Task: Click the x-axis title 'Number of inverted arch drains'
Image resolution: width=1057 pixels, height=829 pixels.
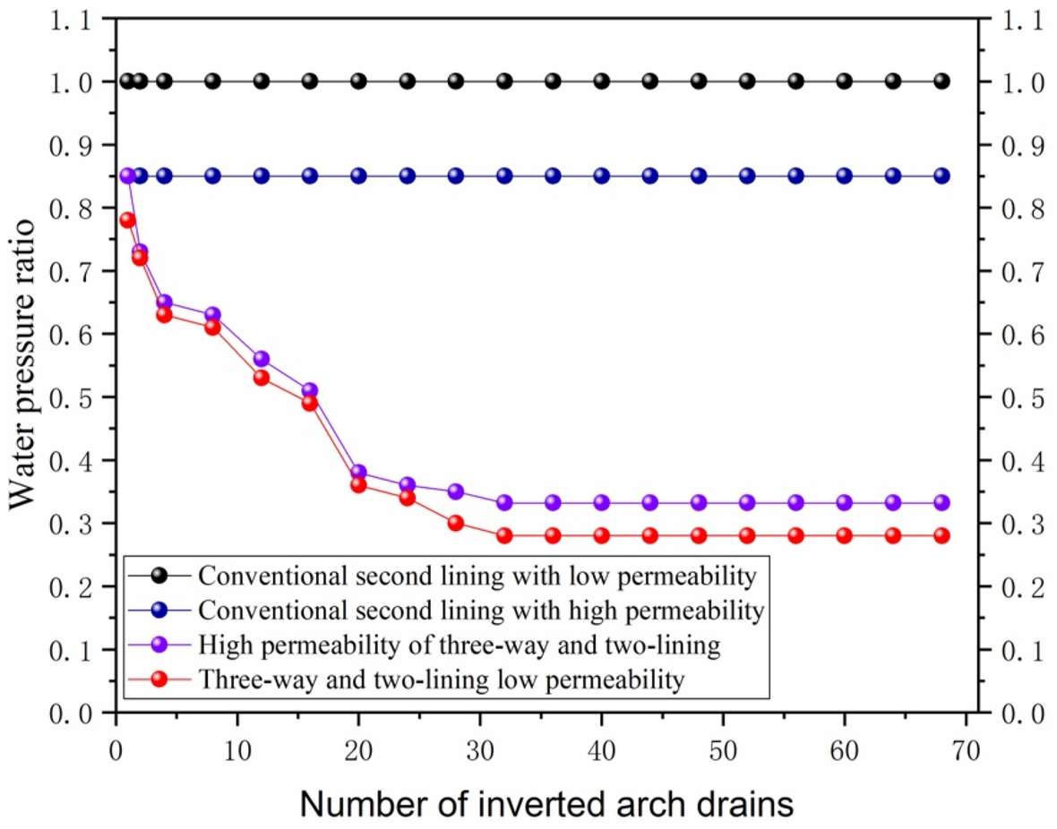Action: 546,803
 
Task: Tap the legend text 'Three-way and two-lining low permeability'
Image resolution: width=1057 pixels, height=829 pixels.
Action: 442,679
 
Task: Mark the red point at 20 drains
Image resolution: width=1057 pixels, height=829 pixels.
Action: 358,484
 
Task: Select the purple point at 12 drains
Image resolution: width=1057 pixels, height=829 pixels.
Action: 262,359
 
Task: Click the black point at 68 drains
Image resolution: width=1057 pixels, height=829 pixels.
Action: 941,81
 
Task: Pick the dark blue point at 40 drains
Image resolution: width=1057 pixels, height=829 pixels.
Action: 602,176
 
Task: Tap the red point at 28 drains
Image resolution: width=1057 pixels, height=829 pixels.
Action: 456,523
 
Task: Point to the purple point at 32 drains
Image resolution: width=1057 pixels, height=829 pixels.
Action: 504,503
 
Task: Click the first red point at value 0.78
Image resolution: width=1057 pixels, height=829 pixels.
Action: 127,220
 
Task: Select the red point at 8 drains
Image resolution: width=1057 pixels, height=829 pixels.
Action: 212,328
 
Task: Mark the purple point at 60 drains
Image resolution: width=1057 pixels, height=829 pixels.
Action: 845,503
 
